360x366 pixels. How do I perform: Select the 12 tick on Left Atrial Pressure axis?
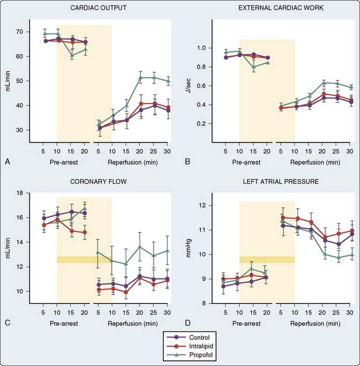click(x=207, y=206)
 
